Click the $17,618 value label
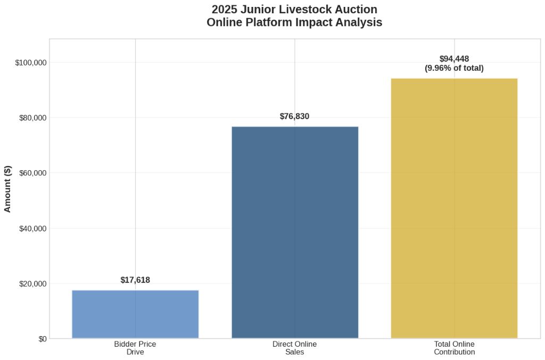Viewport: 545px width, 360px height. click(x=135, y=280)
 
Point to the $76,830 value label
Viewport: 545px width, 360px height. click(x=294, y=116)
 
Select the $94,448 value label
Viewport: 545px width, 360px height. click(x=454, y=59)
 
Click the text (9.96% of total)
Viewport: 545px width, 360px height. click(x=454, y=68)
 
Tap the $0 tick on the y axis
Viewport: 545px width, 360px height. click(x=43, y=339)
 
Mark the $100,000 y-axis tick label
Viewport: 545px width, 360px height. click(x=31, y=63)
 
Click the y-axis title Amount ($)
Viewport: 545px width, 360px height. click(x=8, y=188)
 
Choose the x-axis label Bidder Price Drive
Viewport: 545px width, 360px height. click(x=135, y=348)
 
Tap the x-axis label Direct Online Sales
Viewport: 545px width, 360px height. click(x=294, y=348)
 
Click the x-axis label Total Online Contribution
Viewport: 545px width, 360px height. click(x=454, y=348)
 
